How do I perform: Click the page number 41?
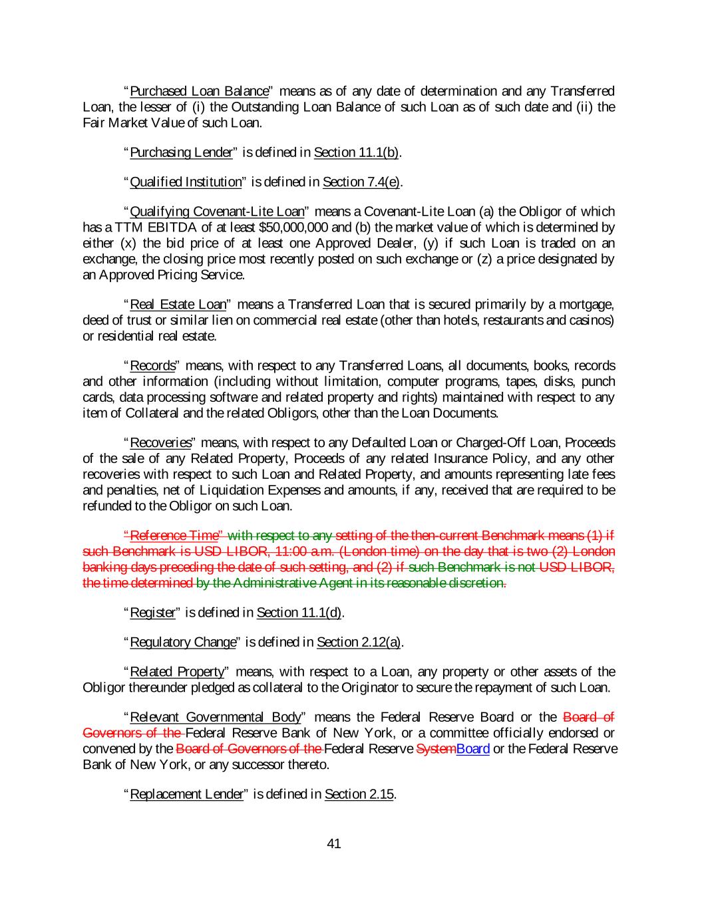(x=334, y=844)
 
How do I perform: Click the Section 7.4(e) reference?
(x=362, y=182)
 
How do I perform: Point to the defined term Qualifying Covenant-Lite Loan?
(x=217, y=212)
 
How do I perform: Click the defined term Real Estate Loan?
(x=178, y=305)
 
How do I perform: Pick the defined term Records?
(x=152, y=366)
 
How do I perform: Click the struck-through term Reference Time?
(x=174, y=535)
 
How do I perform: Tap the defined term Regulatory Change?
(x=183, y=642)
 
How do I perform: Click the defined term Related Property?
(x=177, y=672)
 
